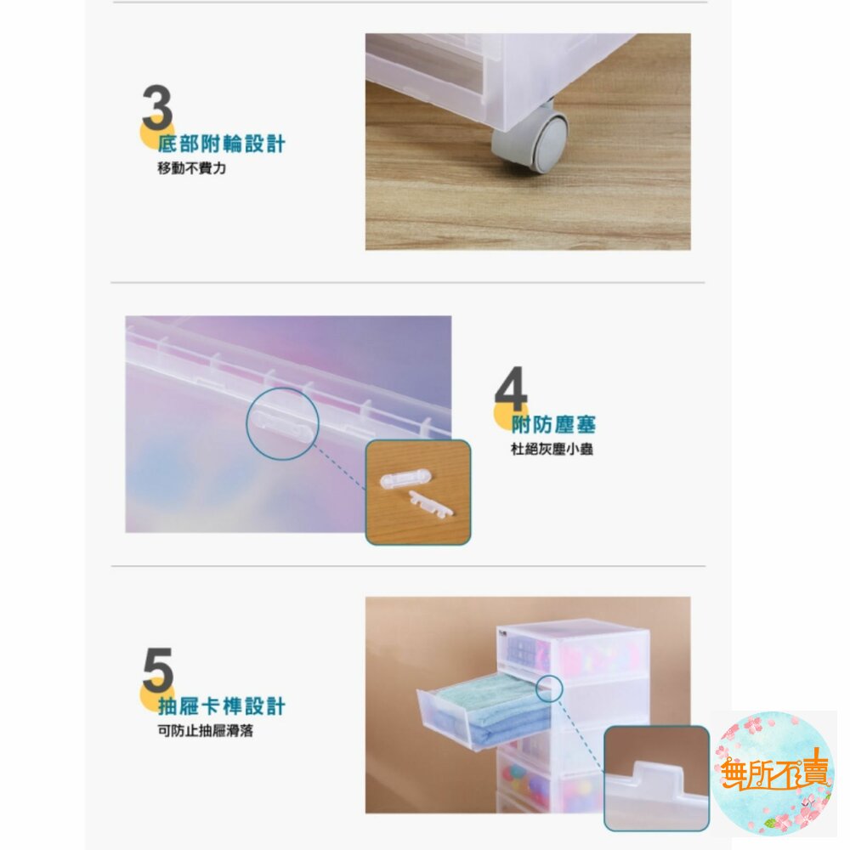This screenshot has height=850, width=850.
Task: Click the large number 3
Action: click(157, 107)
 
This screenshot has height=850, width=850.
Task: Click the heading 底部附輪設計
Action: click(221, 144)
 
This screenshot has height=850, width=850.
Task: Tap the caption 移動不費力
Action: click(191, 168)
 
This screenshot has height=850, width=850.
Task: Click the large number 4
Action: click(511, 388)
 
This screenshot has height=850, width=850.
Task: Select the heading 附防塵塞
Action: click(553, 424)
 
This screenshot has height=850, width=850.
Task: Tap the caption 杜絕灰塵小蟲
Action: click(552, 449)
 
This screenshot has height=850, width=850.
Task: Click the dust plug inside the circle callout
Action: click(281, 424)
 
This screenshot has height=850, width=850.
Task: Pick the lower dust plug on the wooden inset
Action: click(431, 504)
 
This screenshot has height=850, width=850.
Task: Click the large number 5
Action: click(157, 670)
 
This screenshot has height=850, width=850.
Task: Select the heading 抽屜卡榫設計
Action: click(221, 706)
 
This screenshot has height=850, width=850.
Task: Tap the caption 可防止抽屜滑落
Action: click(206, 731)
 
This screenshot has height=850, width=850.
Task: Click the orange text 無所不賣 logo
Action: click(774, 770)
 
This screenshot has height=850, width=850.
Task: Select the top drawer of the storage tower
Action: click(574, 649)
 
